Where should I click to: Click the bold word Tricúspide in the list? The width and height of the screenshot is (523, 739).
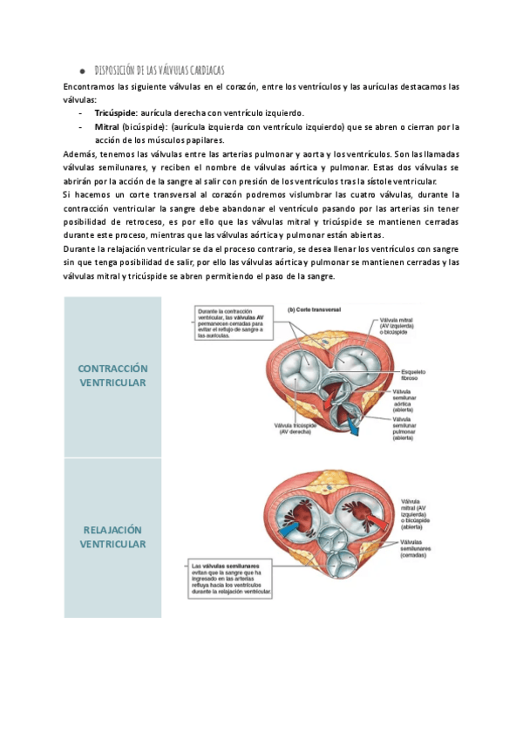[x=114, y=113]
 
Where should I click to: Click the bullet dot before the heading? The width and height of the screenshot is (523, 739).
[x=80, y=71]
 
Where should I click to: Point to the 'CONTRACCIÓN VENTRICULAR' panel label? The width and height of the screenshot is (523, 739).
[x=113, y=376]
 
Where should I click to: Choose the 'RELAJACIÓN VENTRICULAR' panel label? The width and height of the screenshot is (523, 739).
[x=113, y=537]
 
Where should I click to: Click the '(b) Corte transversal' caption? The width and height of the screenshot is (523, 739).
[x=316, y=309]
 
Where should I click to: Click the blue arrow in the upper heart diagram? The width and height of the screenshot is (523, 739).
[x=353, y=424]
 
